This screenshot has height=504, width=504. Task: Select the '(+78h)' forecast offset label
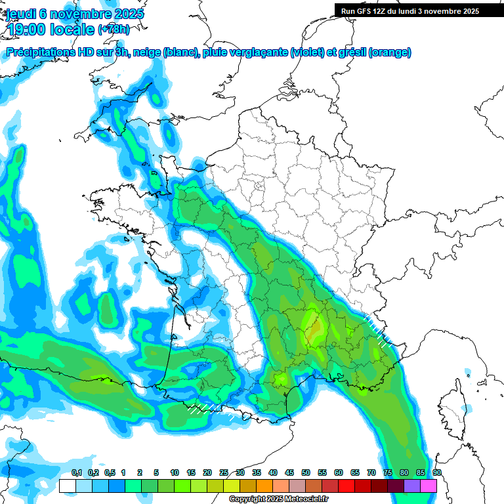(114, 30)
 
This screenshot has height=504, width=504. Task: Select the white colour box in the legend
(68, 486)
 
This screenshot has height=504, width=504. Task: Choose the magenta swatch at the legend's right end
(429, 486)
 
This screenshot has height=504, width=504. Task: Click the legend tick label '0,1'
(76, 472)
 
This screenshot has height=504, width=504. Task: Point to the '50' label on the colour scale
(306, 472)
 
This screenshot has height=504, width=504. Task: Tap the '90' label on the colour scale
(437, 472)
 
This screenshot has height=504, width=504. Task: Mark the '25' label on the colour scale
(224, 472)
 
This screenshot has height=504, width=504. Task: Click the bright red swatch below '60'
(346, 486)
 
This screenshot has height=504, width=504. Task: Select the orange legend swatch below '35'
(264, 486)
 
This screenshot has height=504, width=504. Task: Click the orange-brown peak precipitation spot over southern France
(314, 327)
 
